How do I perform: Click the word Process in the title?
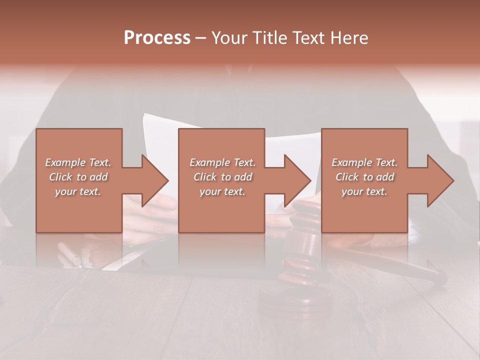tap(157, 38)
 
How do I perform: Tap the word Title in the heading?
tap(267, 38)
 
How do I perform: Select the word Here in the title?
tap(349, 38)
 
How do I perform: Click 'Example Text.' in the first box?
tap(78, 162)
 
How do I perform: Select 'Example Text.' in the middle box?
tap(222, 162)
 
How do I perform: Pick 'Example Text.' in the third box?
tap(364, 162)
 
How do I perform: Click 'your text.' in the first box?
tap(78, 191)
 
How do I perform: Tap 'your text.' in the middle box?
tap(222, 191)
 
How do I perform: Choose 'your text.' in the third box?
tap(364, 191)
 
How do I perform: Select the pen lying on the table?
tap(69, 254)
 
